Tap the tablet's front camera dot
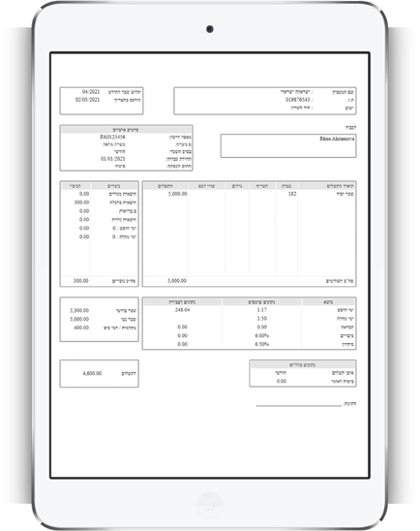coord(210,29)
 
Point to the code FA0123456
coord(112,137)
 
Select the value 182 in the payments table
coord(292,194)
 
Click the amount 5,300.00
coord(79,310)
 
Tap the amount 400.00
coord(81,328)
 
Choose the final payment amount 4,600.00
coord(92,372)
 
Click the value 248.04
coord(182,310)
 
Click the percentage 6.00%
coord(261,335)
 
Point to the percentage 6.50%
coord(261,344)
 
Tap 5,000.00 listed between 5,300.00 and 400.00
coord(79,319)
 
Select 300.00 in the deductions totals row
coord(81,281)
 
